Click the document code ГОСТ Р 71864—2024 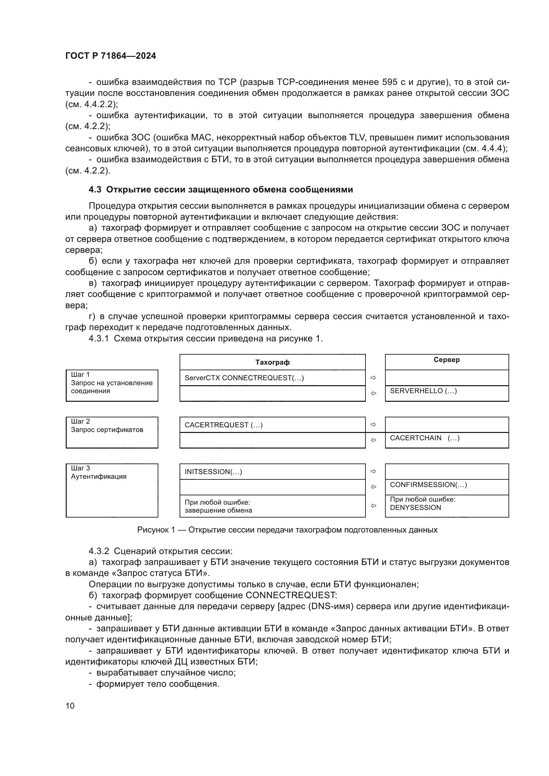pos(111,56)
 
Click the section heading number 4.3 pos(95,190)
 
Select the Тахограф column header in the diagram pos(272,362)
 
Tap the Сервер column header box pos(446,360)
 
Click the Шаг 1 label pos(80,375)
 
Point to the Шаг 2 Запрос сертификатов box pos(112,432)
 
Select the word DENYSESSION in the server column pos(416,508)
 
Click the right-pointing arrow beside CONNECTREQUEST pos(373,378)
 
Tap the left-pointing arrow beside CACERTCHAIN pos(373,440)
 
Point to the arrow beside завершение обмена pos(373,506)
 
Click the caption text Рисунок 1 pos(156,530)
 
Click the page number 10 pos(70,706)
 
